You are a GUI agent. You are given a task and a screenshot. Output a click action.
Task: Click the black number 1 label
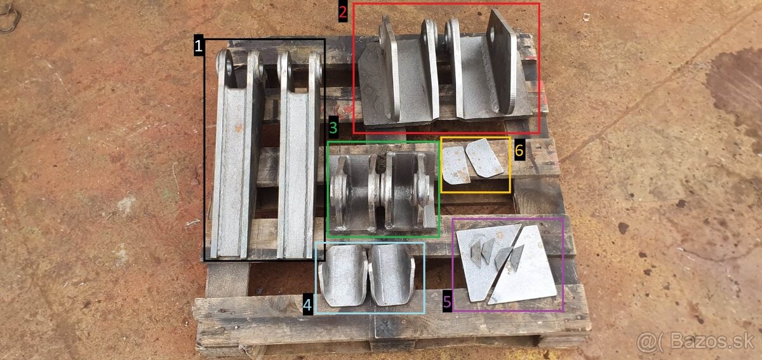(x=199, y=45)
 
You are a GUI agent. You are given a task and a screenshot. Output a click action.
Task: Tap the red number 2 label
(x=343, y=12)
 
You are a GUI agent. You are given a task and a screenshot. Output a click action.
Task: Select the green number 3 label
(x=333, y=128)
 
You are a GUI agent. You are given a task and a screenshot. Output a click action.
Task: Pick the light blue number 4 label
(x=307, y=305)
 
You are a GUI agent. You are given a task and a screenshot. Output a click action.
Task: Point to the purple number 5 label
(x=447, y=302)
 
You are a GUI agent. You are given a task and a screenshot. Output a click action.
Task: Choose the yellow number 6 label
(x=519, y=150)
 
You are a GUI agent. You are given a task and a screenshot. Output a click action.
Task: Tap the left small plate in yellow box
(x=456, y=165)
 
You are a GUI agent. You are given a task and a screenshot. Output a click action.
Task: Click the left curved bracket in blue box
(x=343, y=276)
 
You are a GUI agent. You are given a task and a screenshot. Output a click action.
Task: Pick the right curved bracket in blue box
(x=392, y=275)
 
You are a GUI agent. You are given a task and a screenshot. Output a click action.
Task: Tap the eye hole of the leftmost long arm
(x=229, y=67)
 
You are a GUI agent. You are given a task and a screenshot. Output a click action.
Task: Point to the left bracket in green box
(x=354, y=192)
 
